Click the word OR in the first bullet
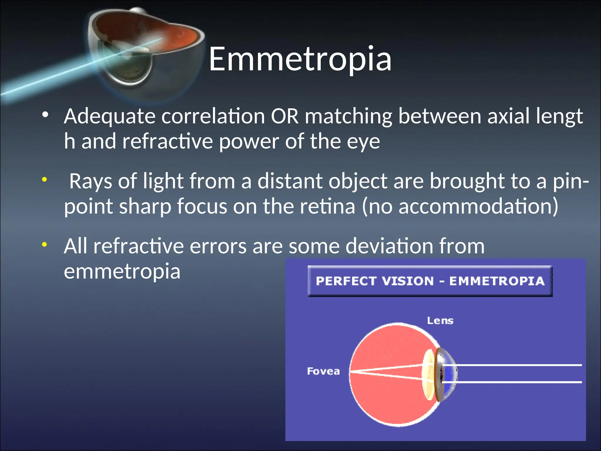[284, 116]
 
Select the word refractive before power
[167, 142]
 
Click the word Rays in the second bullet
[91, 181]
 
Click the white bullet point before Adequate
[45, 115]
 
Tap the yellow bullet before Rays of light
[44, 179]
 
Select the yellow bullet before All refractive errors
[44, 244]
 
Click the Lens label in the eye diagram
[440, 321]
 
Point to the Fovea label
[323, 371]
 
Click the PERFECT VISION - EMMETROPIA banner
[430, 281]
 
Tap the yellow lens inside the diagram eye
[428, 375]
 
